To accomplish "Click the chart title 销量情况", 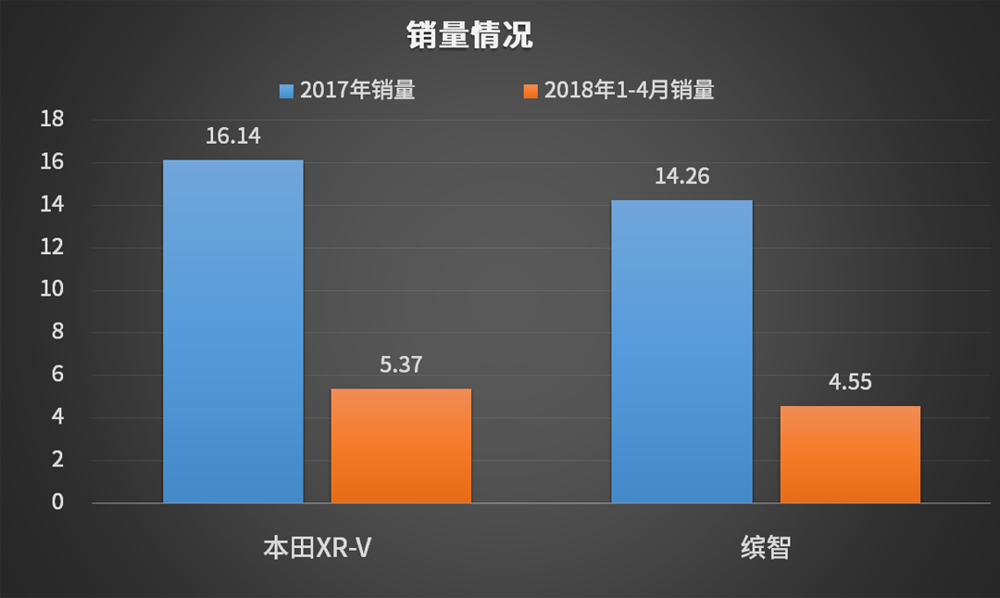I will [x=469, y=35].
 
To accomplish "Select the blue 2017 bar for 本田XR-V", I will [x=233, y=332].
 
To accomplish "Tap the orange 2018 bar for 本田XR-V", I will [x=401, y=446].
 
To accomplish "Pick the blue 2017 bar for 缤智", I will [x=681, y=351].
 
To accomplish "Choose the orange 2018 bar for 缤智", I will [x=850, y=454].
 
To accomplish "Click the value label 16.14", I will [x=233, y=137].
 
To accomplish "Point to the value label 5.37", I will [x=401, y=365].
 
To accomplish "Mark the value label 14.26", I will [x=681, y=176].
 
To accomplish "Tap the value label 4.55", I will [x=850, y=382].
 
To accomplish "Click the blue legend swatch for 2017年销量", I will [x=286, y=91].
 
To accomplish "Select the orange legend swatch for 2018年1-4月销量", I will [x=531, y=91].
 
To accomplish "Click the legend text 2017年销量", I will [x=356, y=91].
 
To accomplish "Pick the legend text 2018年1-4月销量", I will [x=629, y=91].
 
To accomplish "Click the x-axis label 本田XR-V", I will [x=319, y=547].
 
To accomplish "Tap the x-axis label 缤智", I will [x=766, y=547].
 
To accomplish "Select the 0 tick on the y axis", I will [x=56, y=503].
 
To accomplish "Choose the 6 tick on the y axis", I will [x=56, y=375].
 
